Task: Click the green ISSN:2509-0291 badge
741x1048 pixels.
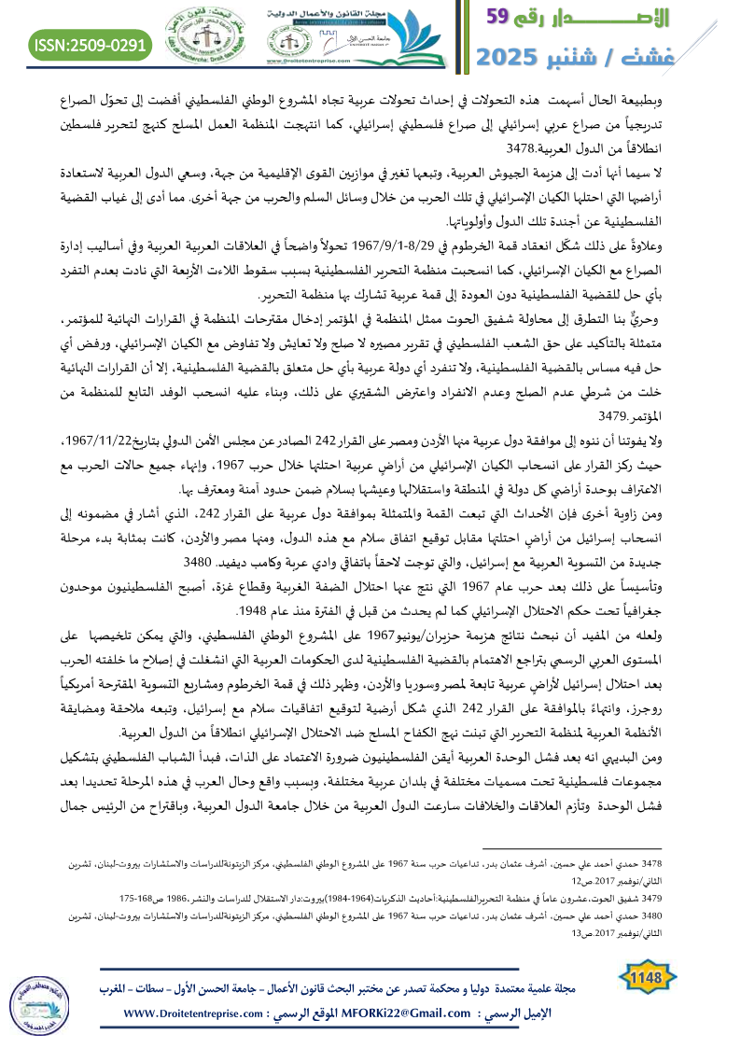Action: [x=91, y=44]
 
